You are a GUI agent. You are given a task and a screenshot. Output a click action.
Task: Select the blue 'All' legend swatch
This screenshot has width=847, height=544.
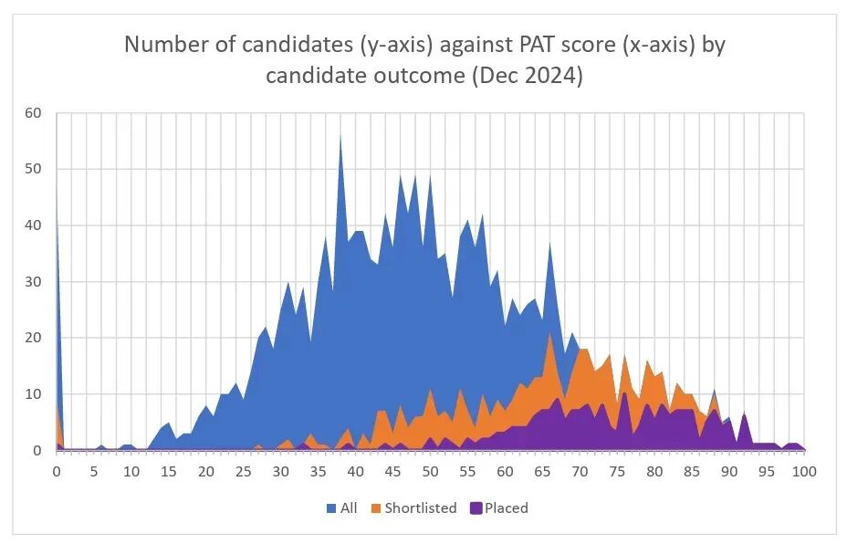pos(330,508)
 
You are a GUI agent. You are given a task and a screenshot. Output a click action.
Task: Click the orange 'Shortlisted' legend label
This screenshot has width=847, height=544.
pos(420,508)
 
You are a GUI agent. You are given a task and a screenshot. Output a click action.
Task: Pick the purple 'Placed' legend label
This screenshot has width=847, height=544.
pos(507,508)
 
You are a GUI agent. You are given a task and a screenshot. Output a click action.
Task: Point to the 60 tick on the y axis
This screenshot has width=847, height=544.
pos(34,113)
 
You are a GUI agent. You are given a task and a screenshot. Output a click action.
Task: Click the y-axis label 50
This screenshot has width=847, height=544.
pos(34,170)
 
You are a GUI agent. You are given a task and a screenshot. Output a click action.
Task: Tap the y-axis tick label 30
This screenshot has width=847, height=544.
pos(34,282)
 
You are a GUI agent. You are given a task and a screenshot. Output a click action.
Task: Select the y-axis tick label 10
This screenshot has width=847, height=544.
pos(34,394)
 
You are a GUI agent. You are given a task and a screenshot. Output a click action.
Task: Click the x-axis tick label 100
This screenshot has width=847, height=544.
pos(803,472)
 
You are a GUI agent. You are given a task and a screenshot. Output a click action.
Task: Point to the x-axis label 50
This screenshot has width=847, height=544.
pos(430,472)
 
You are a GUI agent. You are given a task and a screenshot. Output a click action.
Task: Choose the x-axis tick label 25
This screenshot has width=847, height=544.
pos(243,472)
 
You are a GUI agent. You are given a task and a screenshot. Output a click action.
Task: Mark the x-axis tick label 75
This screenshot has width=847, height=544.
pos(617,472)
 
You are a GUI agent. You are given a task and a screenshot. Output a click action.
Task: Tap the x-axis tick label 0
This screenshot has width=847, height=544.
pos(57,472)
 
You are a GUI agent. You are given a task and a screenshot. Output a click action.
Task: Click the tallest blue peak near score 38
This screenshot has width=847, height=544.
pos(340,136)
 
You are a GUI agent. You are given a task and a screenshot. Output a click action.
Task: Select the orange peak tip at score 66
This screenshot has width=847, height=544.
pos(549,334)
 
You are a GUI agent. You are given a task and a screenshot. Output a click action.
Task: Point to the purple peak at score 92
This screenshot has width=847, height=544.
pos(744,413)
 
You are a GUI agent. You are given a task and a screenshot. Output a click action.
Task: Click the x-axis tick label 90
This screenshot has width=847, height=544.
pos(729,472)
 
